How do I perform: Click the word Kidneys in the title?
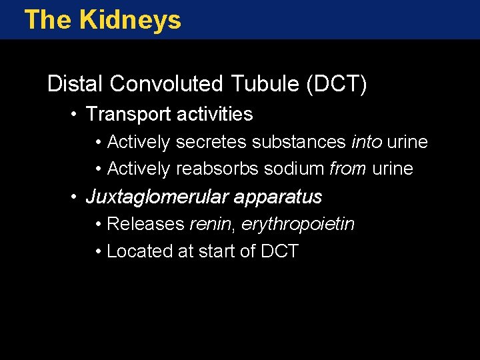click(x=129, y=20)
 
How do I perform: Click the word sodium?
click(x=294, y=169)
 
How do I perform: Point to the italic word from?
click(x=348, y=169)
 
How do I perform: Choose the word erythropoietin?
click(x=298, y=225)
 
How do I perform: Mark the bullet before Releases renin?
click(x=98, y=225)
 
